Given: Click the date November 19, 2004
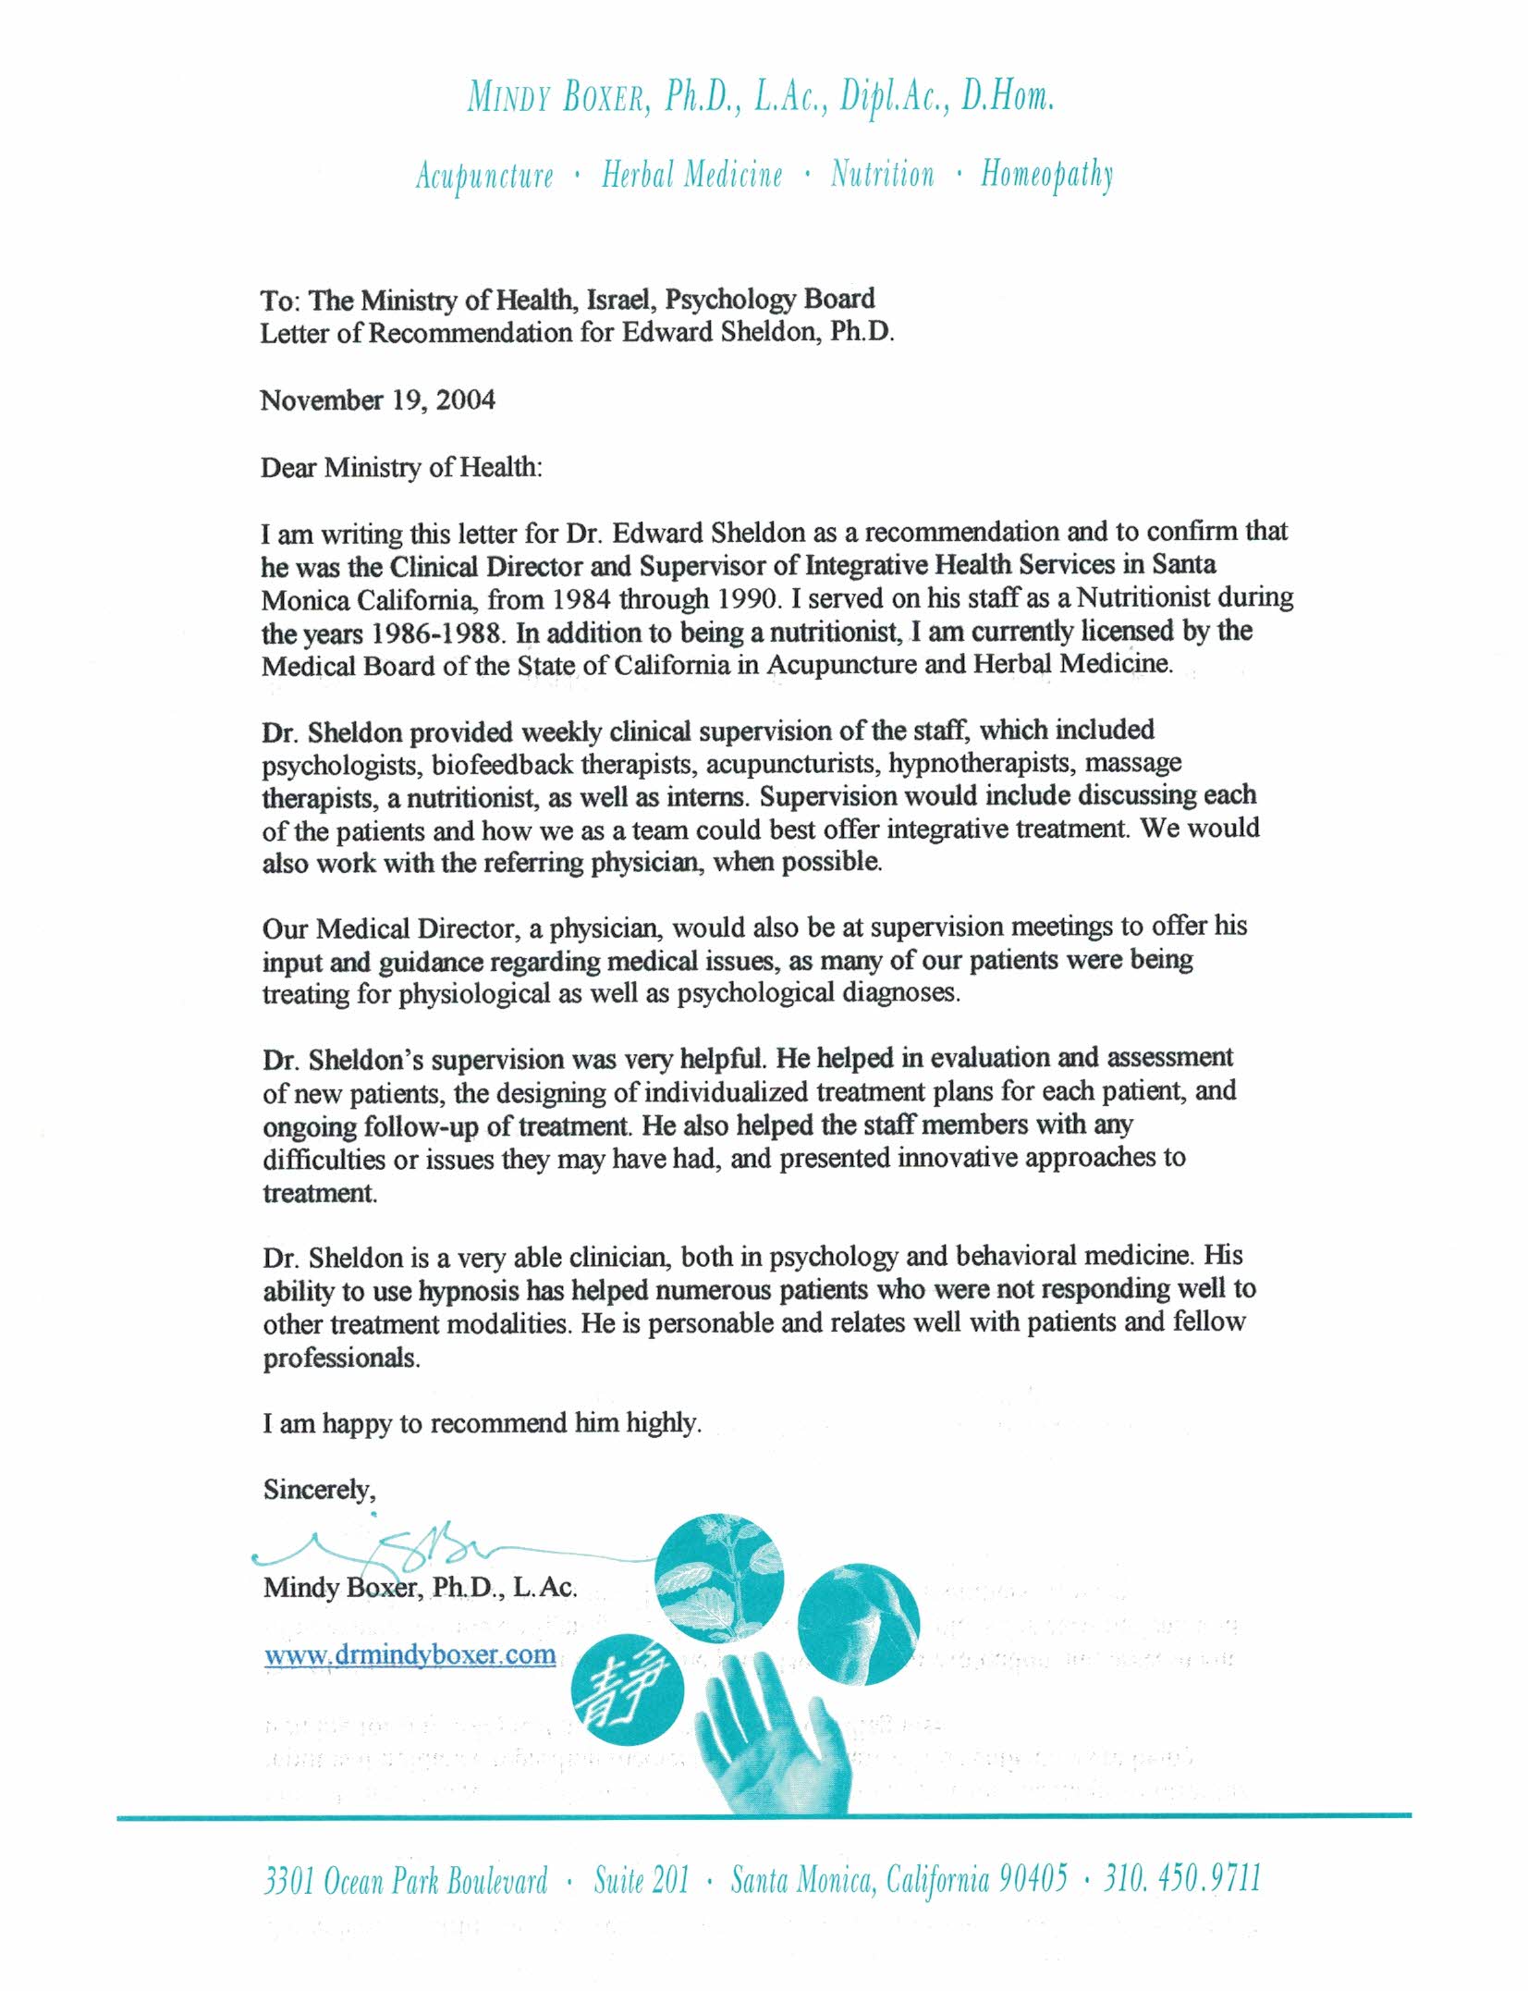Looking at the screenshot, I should (x=377, y=400).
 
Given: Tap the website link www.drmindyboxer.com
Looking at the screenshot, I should (x=410, y=1654).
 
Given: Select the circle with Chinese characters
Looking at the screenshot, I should (x=628, y=1689).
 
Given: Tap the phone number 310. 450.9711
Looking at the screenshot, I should (x=1182, y=1878).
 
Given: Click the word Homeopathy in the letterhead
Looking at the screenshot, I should (x=1046, y=174).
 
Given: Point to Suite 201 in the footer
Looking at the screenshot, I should (x=642, y=1880).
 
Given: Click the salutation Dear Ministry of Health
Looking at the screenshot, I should (x=401, y=468).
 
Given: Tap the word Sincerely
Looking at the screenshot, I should (x=319, y=1490).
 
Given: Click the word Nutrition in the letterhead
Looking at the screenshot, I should (x=882, y=174).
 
